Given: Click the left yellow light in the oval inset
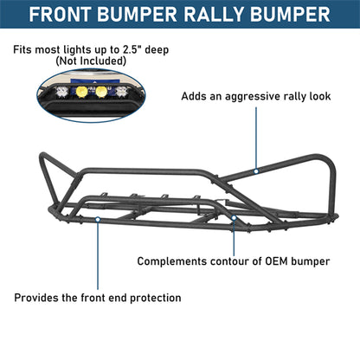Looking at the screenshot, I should tap(83, 90).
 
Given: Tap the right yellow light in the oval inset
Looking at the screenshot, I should tap(103, 90).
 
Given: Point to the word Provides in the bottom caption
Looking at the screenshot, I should tap(35, 298).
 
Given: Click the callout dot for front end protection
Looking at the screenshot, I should tap(100, 221).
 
